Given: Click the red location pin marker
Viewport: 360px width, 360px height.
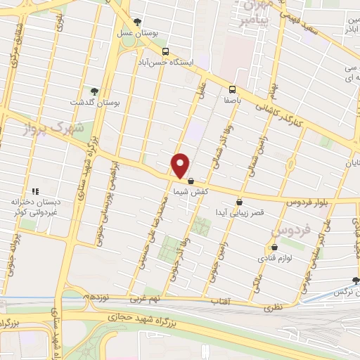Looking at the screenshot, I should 181,166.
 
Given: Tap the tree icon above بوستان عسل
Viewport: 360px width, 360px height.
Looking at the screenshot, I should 137,22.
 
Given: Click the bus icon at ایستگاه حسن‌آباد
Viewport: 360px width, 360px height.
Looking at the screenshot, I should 165,51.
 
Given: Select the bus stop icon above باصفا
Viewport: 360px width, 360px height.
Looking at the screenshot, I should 231,89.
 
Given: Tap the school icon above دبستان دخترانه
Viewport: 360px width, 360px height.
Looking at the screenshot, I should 34,191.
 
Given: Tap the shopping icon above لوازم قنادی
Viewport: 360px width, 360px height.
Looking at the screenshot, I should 274,247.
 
